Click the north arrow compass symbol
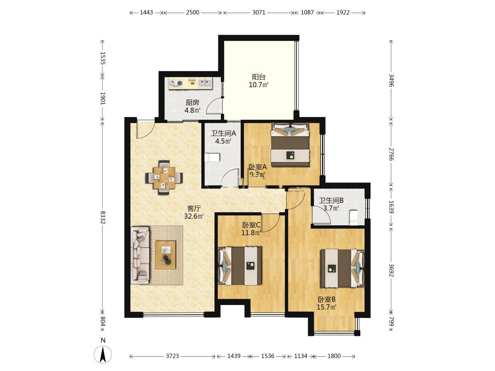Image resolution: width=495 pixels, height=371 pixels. pyautogui.click(x=103, y=355)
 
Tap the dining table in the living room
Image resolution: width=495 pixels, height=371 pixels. pyautogui.click(x=164, y=178)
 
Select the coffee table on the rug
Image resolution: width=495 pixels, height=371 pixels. pyautogui.click(x=166, y=255)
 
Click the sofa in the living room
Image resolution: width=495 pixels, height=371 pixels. pyautogui.click(x=140, y=255)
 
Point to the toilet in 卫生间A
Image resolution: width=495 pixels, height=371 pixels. pyautogui.click(x=212, y=157)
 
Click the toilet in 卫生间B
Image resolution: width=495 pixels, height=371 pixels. pyautogui.click(x=353, y=217)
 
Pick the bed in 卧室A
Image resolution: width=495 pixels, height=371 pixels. pyautogui.click(x=290, y=145)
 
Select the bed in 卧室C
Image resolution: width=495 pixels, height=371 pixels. pyautogui.click(x=240, y=266)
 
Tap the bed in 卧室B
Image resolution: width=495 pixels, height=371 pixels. pyautogui.click(x=343, y=268)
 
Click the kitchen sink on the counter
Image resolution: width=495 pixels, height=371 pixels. pyautogui.click(x=205, y=83)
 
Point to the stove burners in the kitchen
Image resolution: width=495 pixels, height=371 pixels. pyautogui.click(x=176, y=83)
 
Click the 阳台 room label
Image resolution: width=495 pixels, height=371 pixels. pyautogui.click(x=258, y=77)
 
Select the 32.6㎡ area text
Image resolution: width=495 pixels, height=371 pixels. pyautogui.click(x=194, y=216)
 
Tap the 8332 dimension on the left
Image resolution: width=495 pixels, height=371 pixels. pyautogui.click(x=102, y=217)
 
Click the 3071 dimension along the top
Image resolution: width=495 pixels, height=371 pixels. pyautogui.click(x=258, y=12)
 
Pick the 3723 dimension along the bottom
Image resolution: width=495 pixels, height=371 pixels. pyautogui.click(x=172, y=356)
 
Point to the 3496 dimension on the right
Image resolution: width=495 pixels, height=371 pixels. pyautogui.click(x=391, y=80)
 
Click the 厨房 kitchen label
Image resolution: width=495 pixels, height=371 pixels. pyautogui.click(x=192, y=103)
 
